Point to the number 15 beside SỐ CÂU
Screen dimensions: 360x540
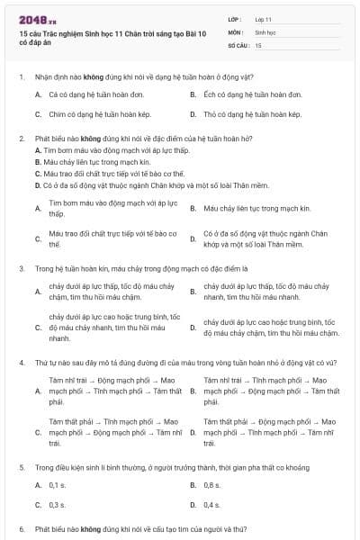(x=259, y=44)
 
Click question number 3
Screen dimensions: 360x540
(x=21, y=268)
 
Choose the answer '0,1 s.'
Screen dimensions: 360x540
(x=58, y=485)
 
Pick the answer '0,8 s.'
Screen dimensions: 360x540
(x=211, y=485)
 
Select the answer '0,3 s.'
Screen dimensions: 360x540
(x=58, y=506)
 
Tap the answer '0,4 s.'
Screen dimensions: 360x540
(x=211, y=506)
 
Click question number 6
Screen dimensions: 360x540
(x=21, y=529)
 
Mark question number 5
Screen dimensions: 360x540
(x=21, y=468)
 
